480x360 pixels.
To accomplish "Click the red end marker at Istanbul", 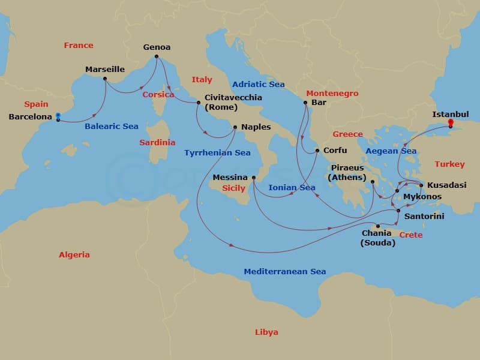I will coord(451,122).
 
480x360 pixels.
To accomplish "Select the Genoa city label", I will coord(157,47).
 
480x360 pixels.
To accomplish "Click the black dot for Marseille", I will coord(105,79).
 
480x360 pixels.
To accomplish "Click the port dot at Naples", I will coord(235,127).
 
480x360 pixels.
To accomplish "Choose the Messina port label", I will coord(230,178).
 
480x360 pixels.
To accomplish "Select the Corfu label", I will coord(335,150).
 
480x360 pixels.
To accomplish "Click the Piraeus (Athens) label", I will coord(347,172).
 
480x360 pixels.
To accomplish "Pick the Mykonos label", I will coord(422,196).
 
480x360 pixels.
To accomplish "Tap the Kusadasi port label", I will coord(446,185).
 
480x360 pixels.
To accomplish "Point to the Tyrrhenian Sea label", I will coord(217,153).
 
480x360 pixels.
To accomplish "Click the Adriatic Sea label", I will coord(258,84).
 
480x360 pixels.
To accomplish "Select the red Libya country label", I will coord(266,332).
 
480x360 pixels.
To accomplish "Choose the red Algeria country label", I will coord(74,254).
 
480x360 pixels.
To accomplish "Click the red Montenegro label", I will coord(332,94).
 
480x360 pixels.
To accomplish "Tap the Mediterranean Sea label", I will coord(285,272).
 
